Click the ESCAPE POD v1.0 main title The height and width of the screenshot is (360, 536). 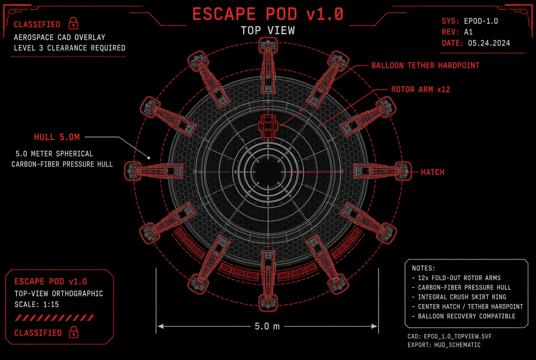pos(268,14)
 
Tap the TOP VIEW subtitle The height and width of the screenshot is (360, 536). pos(268,30)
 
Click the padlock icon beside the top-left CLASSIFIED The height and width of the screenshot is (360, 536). pos(73,23)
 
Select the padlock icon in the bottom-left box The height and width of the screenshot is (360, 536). pos(73,332)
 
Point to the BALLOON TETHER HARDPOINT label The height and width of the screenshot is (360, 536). pos(425,65)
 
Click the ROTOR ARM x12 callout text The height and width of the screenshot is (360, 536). pos(420,90)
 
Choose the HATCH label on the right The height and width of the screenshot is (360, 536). pos(432,172)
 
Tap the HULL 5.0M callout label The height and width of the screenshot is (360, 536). pos(57,137)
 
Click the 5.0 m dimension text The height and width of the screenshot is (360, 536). pos(268,326)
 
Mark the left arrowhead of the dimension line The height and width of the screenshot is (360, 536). pos(160,326)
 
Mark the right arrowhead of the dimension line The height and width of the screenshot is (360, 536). pos(374,326)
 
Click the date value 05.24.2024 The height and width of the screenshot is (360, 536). pos(489,43)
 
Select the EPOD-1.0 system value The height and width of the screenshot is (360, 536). pos(480,21)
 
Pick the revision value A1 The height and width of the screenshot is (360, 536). pos(469,32)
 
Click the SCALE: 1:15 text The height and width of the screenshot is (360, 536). pos(37,304)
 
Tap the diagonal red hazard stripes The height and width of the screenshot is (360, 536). pos(54,318)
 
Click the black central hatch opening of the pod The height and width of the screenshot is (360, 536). pos(268,171)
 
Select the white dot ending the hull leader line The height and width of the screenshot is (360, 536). pos(149,158)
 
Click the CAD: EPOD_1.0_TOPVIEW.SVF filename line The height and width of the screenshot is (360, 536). pos(449,337)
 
